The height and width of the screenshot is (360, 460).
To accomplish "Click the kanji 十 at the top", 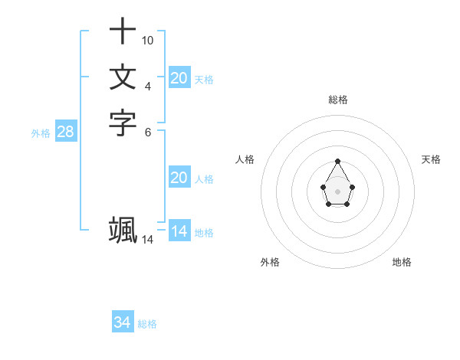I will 123,32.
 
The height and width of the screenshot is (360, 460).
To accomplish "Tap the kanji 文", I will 123,77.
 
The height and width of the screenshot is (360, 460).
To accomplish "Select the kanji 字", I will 123,123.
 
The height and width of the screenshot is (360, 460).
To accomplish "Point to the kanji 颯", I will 123,230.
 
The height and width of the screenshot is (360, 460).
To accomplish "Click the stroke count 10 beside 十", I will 148,40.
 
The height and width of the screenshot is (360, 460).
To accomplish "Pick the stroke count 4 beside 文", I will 148,85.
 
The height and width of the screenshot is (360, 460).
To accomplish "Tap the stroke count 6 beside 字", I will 148,131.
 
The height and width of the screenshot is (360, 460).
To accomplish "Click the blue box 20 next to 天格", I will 179,77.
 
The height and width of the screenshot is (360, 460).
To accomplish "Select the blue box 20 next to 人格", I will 179,178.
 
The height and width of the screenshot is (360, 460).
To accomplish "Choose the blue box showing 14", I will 179,231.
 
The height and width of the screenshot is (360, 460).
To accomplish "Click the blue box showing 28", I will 66,132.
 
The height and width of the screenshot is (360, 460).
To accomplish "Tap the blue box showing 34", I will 123,322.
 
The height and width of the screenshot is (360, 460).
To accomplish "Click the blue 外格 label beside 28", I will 41,133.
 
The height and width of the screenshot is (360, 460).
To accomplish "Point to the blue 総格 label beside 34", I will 147,324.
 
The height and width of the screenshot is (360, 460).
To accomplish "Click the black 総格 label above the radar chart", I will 337,100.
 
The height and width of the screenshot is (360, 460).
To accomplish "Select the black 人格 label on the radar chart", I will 245,159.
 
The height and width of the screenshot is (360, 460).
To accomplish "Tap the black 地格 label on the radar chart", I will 402,262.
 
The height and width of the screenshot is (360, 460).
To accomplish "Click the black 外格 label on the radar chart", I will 270,262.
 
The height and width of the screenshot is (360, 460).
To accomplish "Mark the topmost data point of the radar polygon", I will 337,161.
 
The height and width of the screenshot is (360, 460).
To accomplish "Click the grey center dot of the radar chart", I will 337,191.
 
